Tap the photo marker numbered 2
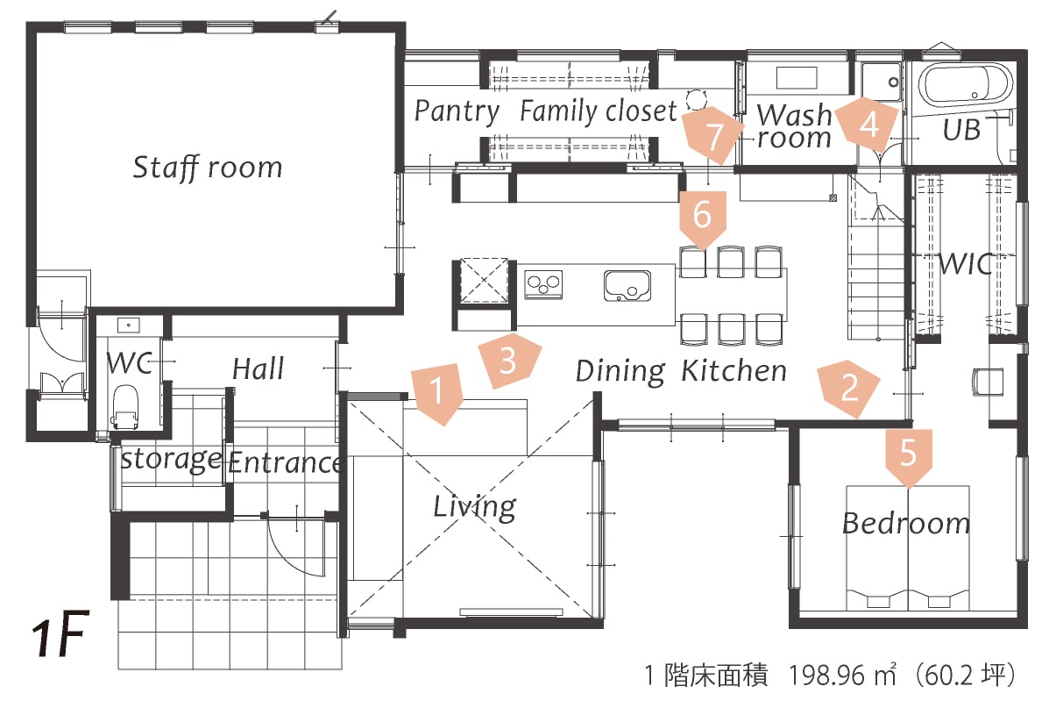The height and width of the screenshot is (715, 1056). [848, 387]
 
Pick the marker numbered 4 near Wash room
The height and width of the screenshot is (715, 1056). [868, 125]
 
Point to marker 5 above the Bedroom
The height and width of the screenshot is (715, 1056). [908, 454]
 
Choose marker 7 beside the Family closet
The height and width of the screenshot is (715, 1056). [714, 137]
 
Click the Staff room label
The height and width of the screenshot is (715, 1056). [208, 167]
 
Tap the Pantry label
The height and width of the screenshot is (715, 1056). [457, 111]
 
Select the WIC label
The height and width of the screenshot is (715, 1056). [967, 263]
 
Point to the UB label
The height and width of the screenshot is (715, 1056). [961, 130]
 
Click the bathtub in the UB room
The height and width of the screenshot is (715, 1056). [965, 86]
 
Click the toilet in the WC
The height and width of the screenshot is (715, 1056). [125, 404]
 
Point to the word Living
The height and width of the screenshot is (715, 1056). [474, 506]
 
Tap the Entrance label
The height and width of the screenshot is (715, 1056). [284, 462]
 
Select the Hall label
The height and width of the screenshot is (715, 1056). [258, 368]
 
